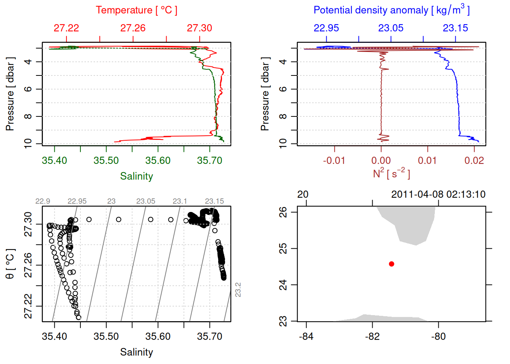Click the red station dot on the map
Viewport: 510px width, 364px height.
(392, 264)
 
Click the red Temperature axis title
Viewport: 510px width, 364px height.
(136, 10)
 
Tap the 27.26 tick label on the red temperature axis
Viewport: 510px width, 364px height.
(133, 28)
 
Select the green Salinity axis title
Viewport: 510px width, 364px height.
(137, 176)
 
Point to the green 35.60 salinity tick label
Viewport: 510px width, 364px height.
(158, 160)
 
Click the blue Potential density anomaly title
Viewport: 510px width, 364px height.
(391, 10)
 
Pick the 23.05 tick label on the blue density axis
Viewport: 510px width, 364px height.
(391, 28)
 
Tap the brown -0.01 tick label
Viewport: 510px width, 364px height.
(334, 160)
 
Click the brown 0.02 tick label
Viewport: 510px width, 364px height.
(474, 160)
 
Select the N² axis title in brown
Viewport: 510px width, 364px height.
(391, 173)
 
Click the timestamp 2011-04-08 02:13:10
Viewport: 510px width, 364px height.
(438, 195)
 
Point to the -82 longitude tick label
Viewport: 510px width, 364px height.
(372, 336)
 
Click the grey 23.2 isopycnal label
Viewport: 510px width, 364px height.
(238, 290)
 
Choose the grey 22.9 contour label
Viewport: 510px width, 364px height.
(42, 201)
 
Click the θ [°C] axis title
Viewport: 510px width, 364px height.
(10, 264)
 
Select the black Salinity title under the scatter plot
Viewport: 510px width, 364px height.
(137, 352)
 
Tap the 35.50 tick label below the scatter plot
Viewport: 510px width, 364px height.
(106, 336)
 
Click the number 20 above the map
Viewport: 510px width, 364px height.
(303, 195)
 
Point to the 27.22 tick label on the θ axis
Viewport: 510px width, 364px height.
(28, 306)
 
